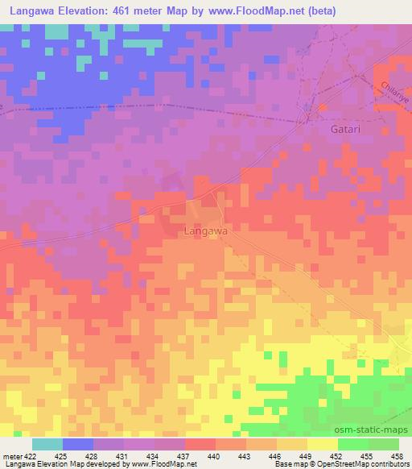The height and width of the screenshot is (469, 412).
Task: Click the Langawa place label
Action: pos(206,230)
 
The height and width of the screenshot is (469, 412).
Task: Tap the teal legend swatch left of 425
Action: pos(47,443)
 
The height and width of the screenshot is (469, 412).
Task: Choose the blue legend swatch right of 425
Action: pos(78,443)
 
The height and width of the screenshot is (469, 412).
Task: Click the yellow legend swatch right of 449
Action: pos(323,443)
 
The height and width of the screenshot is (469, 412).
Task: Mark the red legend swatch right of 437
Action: pos(200,443)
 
